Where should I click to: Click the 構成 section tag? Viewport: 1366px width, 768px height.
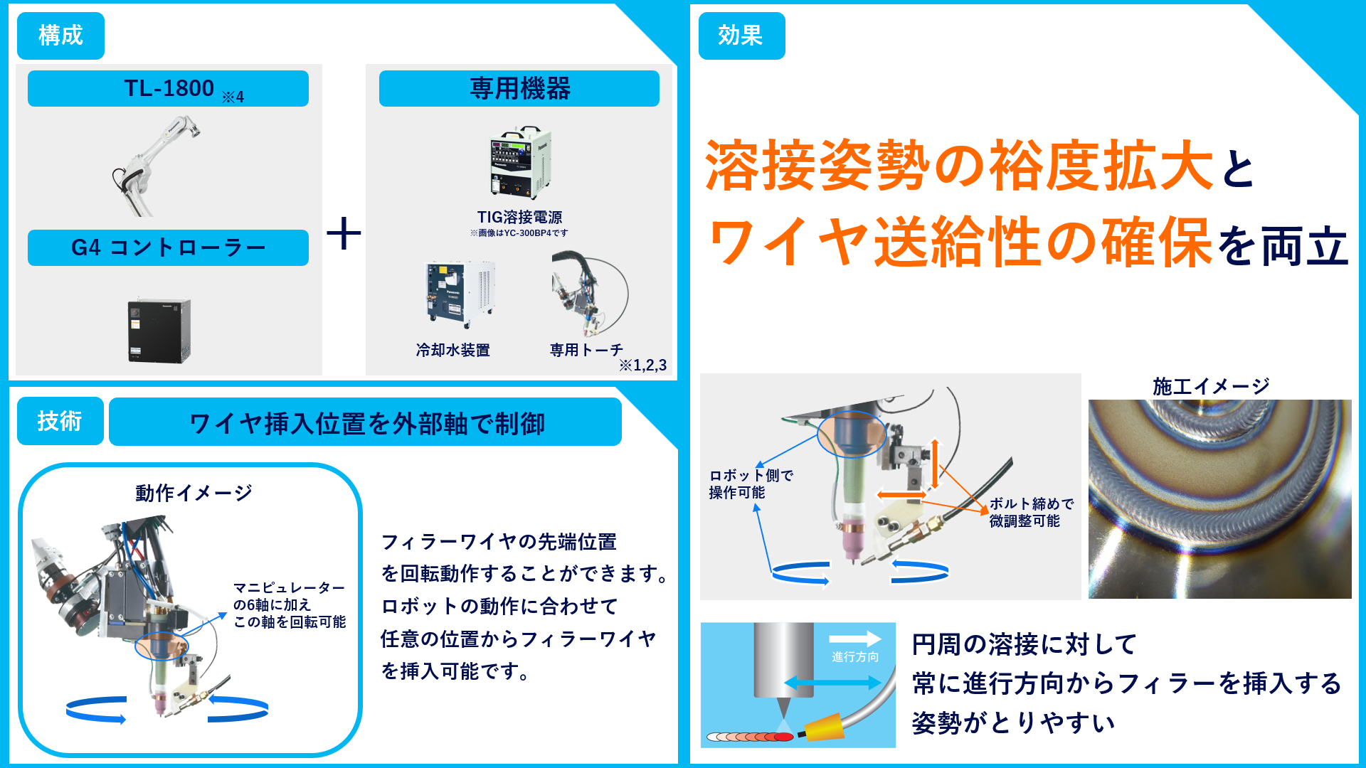(60, 36)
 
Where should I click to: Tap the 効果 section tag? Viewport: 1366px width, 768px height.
(741, 36)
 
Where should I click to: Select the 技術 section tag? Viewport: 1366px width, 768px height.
(60, 421)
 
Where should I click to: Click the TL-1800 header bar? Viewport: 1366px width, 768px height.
(168, 89)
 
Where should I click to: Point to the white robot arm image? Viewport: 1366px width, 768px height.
(153, 167)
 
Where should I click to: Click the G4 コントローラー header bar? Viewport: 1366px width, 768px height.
(168, 247)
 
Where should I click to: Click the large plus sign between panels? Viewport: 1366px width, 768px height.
(344, 234)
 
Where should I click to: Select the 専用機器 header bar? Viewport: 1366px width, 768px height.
(519, 89)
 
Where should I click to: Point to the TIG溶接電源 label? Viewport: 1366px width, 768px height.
(519, 217)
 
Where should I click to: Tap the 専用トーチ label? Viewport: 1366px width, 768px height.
(586, 350)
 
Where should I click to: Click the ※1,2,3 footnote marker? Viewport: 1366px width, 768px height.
(642, 366)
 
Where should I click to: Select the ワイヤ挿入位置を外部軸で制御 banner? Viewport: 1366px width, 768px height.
(365, 422)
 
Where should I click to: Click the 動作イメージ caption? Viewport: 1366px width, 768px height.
(194, 492)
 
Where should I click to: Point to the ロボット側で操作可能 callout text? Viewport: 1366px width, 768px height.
(750, 484)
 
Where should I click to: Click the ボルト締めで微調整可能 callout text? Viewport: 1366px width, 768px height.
(1030, 512)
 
